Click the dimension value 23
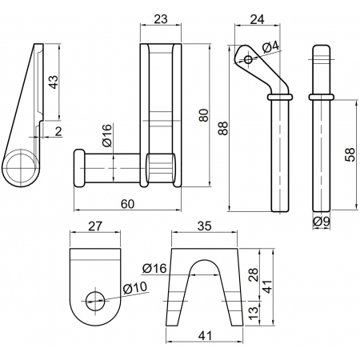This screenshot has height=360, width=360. coord(161,19)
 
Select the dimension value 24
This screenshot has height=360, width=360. coord(258,19)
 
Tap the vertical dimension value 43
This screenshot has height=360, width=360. coord(53,82)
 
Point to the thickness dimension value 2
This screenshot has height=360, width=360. coord(58,131)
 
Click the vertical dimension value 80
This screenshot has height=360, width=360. coord(204,115)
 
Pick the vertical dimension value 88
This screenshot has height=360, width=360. coord(223,128)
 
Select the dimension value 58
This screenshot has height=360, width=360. coord(350,154)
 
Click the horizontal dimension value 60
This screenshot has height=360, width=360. coord(127,204)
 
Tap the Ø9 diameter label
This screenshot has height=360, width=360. coord(322,222)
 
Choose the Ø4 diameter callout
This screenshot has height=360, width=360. coord(271,47)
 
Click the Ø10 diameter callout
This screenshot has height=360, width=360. coord(135,288)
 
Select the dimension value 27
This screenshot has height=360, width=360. coord(95,226)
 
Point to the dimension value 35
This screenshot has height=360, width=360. coord(205,226)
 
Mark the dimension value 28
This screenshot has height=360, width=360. coord(254,274)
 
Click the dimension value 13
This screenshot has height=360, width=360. coord(254,313)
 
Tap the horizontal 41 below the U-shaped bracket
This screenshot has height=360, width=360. coord(205,336)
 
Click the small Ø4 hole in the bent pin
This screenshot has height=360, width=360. coord(248,59)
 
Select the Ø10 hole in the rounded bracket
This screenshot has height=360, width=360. coord(95,302)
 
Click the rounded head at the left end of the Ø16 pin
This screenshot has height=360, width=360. coord(79,168)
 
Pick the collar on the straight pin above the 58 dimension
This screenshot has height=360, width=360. coord(322,97)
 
